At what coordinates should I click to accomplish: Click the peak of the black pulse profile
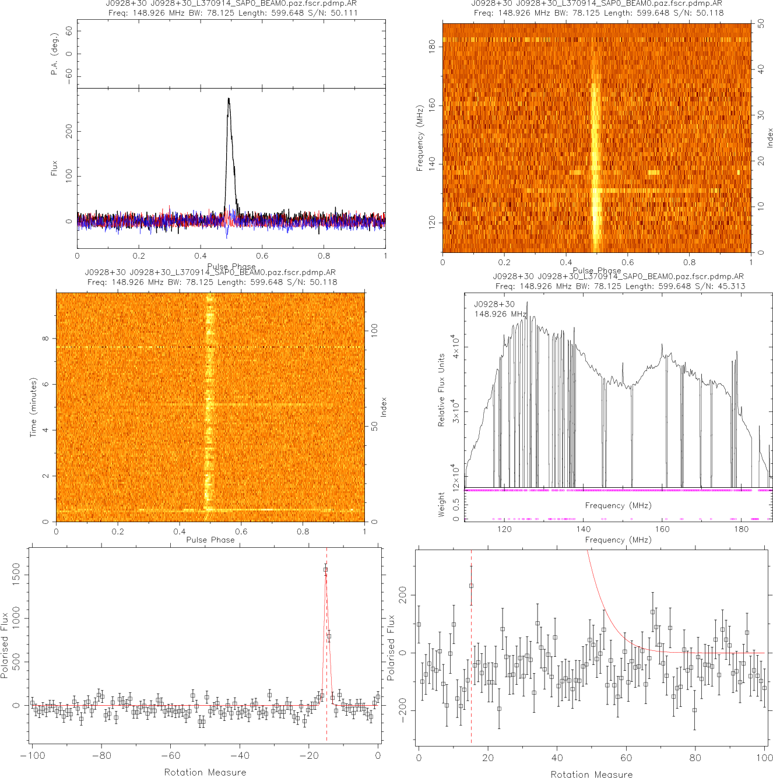pyautogui.click(x=229, y=98)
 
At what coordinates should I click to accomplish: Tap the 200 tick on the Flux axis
pyautogui.click(x=69, y=131)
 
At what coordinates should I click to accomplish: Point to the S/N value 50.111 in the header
pyautogui.click(x=344, y=12)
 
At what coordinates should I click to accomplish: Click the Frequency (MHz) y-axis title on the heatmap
pyautogui.click(x=420, y=138)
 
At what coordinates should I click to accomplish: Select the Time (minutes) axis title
pyautogui.click(x=33, y=407)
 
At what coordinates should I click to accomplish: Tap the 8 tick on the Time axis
pyautogui.click(x=45, y=339)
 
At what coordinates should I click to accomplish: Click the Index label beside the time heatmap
pyautogui.click(x=384, y=407)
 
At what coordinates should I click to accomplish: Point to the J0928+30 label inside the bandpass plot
pyautogui.click(x=494, y=304)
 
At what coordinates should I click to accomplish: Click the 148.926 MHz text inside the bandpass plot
pyautogui.click(x=500, y=314)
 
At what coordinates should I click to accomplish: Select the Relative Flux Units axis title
pyautogui.click(x=441, y=389)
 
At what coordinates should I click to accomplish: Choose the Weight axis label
pyautogui.click(x=441, y=504)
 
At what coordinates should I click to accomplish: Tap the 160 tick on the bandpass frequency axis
pyautogui.click(x=662, y=529)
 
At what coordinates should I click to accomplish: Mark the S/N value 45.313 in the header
pyautogui.click(x=731, y=286)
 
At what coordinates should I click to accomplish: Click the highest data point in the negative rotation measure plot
pyautogui.click(x=325, y=569)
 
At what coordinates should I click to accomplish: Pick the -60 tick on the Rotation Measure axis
pyautogui.click(x=170, y=756)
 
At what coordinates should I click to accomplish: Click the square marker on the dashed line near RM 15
pyautogui.click(x=471, y=586)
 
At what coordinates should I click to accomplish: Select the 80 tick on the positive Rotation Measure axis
pyautogui.click(x=695, y=758)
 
